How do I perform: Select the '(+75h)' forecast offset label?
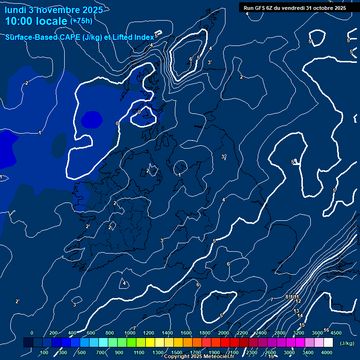tap(81, 21)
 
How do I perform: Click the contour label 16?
tap(326, 330)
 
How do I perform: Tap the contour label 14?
tap(300, 316)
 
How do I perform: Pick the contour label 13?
tap(296, 311)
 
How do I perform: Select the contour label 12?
tap(298, 301)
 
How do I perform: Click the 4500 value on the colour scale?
tap(336, 333)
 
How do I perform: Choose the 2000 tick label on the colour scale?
tap(224, 333)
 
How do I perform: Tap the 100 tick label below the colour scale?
tap(45, 352)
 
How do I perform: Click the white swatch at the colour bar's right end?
tap(328, 343)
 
